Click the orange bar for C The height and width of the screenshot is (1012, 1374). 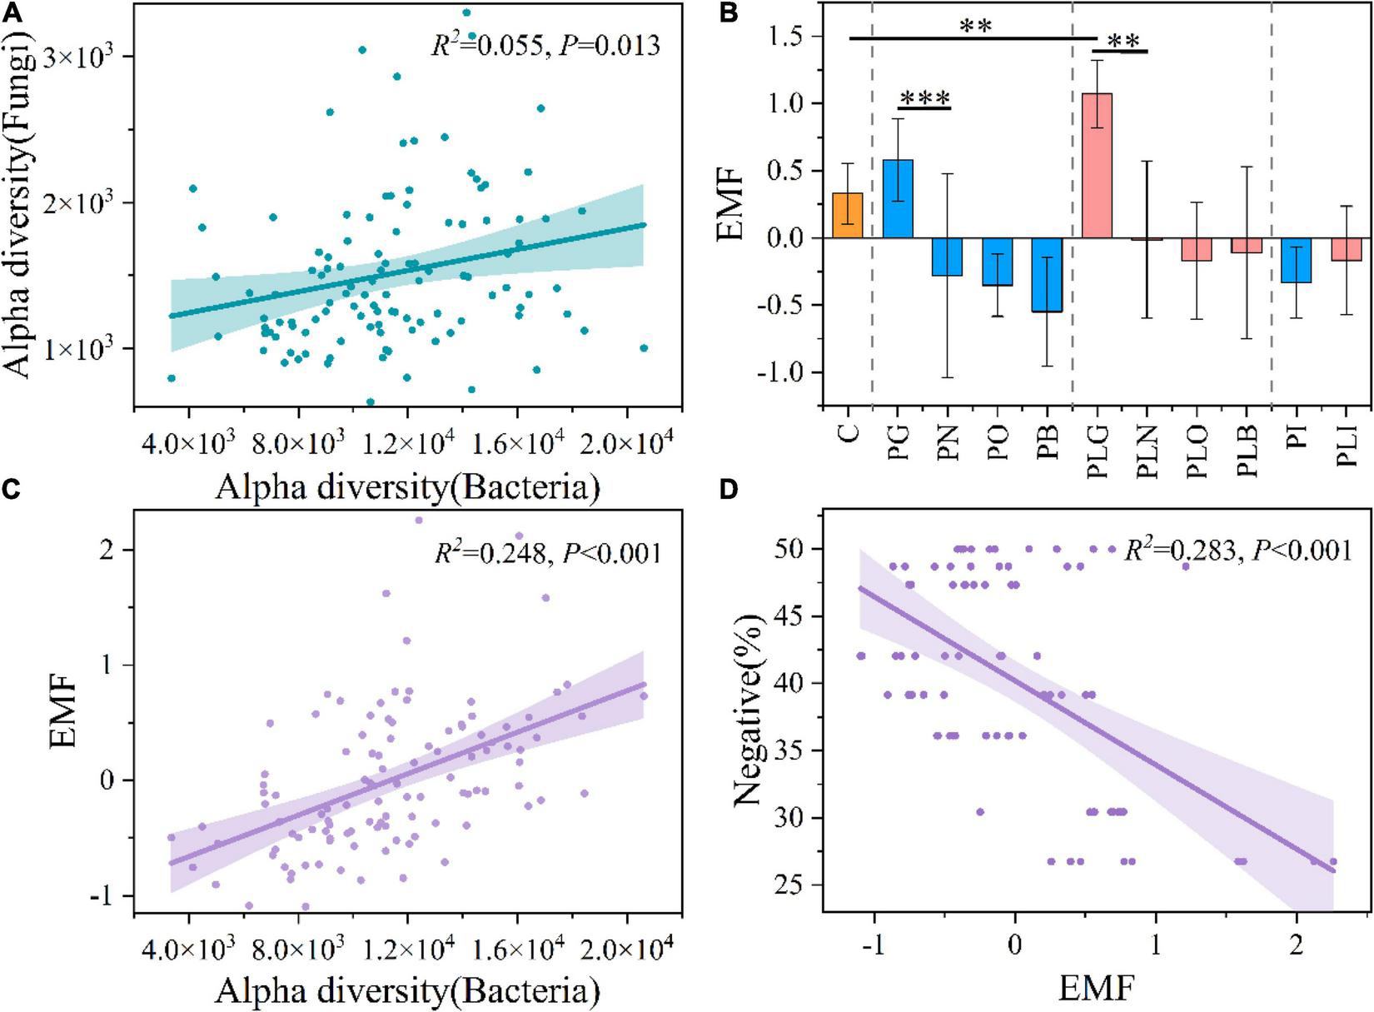[848, 216]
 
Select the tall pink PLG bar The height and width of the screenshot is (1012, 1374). [1097, 166]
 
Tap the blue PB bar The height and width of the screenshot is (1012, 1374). [1048, 275]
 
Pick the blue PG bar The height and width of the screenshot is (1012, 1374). [898, 199]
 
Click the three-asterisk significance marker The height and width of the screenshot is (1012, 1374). [923, 99]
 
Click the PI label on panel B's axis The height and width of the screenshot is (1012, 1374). [1297, 435]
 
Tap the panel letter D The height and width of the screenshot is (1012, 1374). [728, 491]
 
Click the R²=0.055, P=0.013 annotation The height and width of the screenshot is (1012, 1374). [545, 45]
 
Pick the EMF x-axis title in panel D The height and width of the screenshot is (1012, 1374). [1096, 988]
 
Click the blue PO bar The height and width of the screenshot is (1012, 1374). [998, 262]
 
